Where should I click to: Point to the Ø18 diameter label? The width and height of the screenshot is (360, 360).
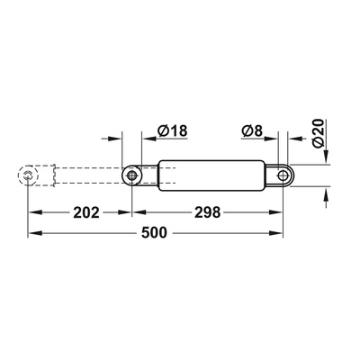point(171,132)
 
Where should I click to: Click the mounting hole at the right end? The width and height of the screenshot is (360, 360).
point(286,175)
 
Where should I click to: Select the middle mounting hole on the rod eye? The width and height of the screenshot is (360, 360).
point(132,175)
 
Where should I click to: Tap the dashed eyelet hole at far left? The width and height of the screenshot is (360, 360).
point(31,175)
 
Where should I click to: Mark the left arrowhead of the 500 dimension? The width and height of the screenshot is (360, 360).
point(35,233)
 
